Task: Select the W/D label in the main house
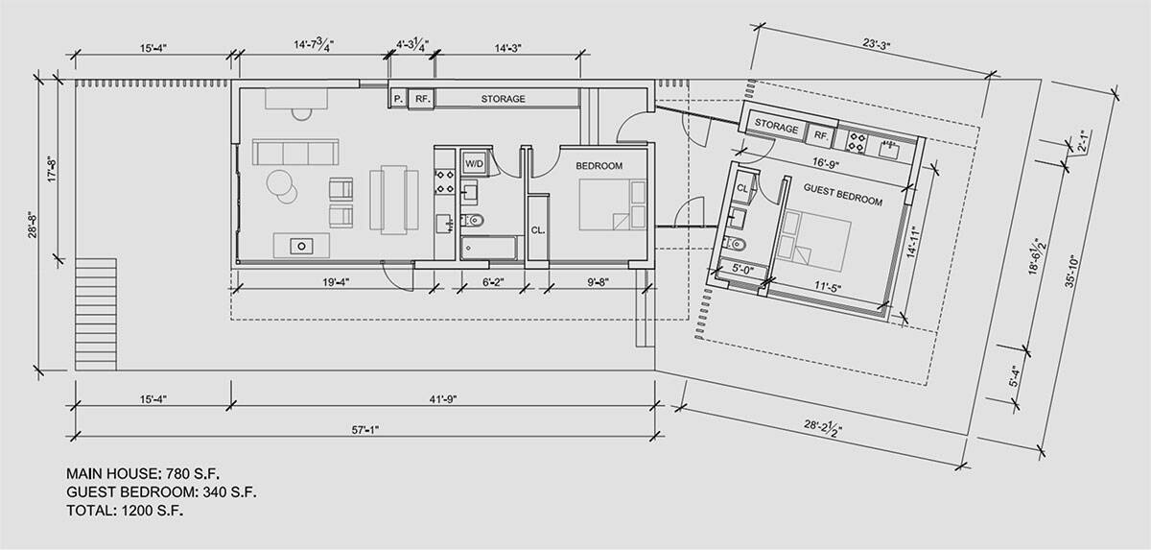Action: (x=474, y=164)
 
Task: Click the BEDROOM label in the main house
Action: (x=599, y=166)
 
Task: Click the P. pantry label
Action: (x=397, y=99)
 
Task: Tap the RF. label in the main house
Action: (x=422, y=99)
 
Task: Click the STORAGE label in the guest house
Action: (x=777, y=127)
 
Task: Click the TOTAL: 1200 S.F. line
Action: (x=125, y=511)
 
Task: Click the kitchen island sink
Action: (x=300, y=246)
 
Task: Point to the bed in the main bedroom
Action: (x=605, y=205)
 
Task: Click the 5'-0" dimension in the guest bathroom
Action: (x=744, y=271)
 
